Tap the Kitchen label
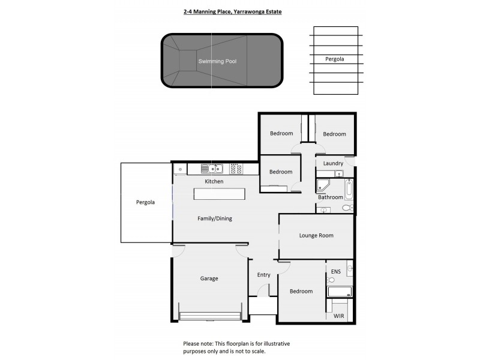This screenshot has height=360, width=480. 214,181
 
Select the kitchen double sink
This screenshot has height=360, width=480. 212,169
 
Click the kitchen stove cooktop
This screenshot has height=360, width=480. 236,169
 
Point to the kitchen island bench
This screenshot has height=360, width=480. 219,194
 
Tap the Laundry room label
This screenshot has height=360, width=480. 333,163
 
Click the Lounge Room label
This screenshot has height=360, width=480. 316,236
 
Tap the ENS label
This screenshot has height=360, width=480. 335,272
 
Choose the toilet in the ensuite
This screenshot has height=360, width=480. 331,280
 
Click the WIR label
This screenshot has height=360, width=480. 339,315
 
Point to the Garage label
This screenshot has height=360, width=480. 209,278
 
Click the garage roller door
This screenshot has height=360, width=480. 210,316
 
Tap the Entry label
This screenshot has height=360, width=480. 264,275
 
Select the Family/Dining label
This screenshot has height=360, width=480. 215,218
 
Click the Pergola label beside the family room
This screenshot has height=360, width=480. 145,202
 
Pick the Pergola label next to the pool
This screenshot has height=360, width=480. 335,59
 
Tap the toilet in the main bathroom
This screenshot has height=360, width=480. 346,208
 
